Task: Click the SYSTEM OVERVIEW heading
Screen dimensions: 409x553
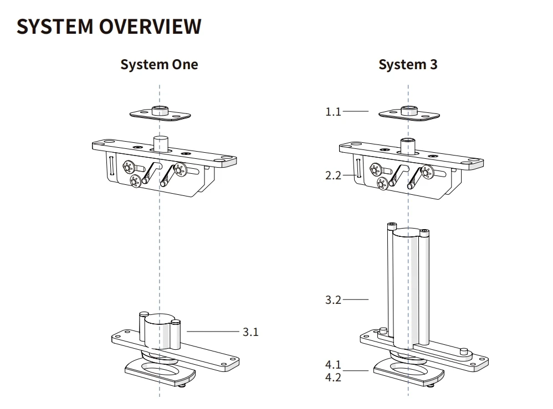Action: click(x=109, y=26)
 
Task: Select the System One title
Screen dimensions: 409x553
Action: click(x=159, y=65)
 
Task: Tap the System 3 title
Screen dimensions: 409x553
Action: click(x=408, y=65)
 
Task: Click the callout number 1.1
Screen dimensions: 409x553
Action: click(x=333, y=111)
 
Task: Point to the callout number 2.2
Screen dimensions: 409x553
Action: click(x=333, y=175)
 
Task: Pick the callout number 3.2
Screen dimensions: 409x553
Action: click(x=333, y=301)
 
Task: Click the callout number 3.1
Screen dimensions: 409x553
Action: click(x=250, y=332)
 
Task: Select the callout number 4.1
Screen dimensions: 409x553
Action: click(x=333, y=365)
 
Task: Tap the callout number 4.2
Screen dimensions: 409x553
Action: click(x=333, y=377)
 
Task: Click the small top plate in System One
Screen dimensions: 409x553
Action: click(x=160, y=113)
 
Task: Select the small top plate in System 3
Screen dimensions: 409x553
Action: click(x=408, y=113)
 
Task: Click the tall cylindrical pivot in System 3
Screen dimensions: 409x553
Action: click(x=408, y=282)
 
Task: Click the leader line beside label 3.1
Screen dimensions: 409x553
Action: click(x=213, y=332)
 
